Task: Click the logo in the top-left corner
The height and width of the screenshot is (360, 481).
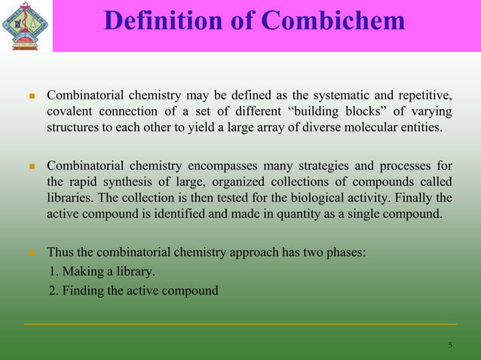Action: (26, 25)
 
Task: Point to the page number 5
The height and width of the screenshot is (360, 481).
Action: (450, 345)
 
